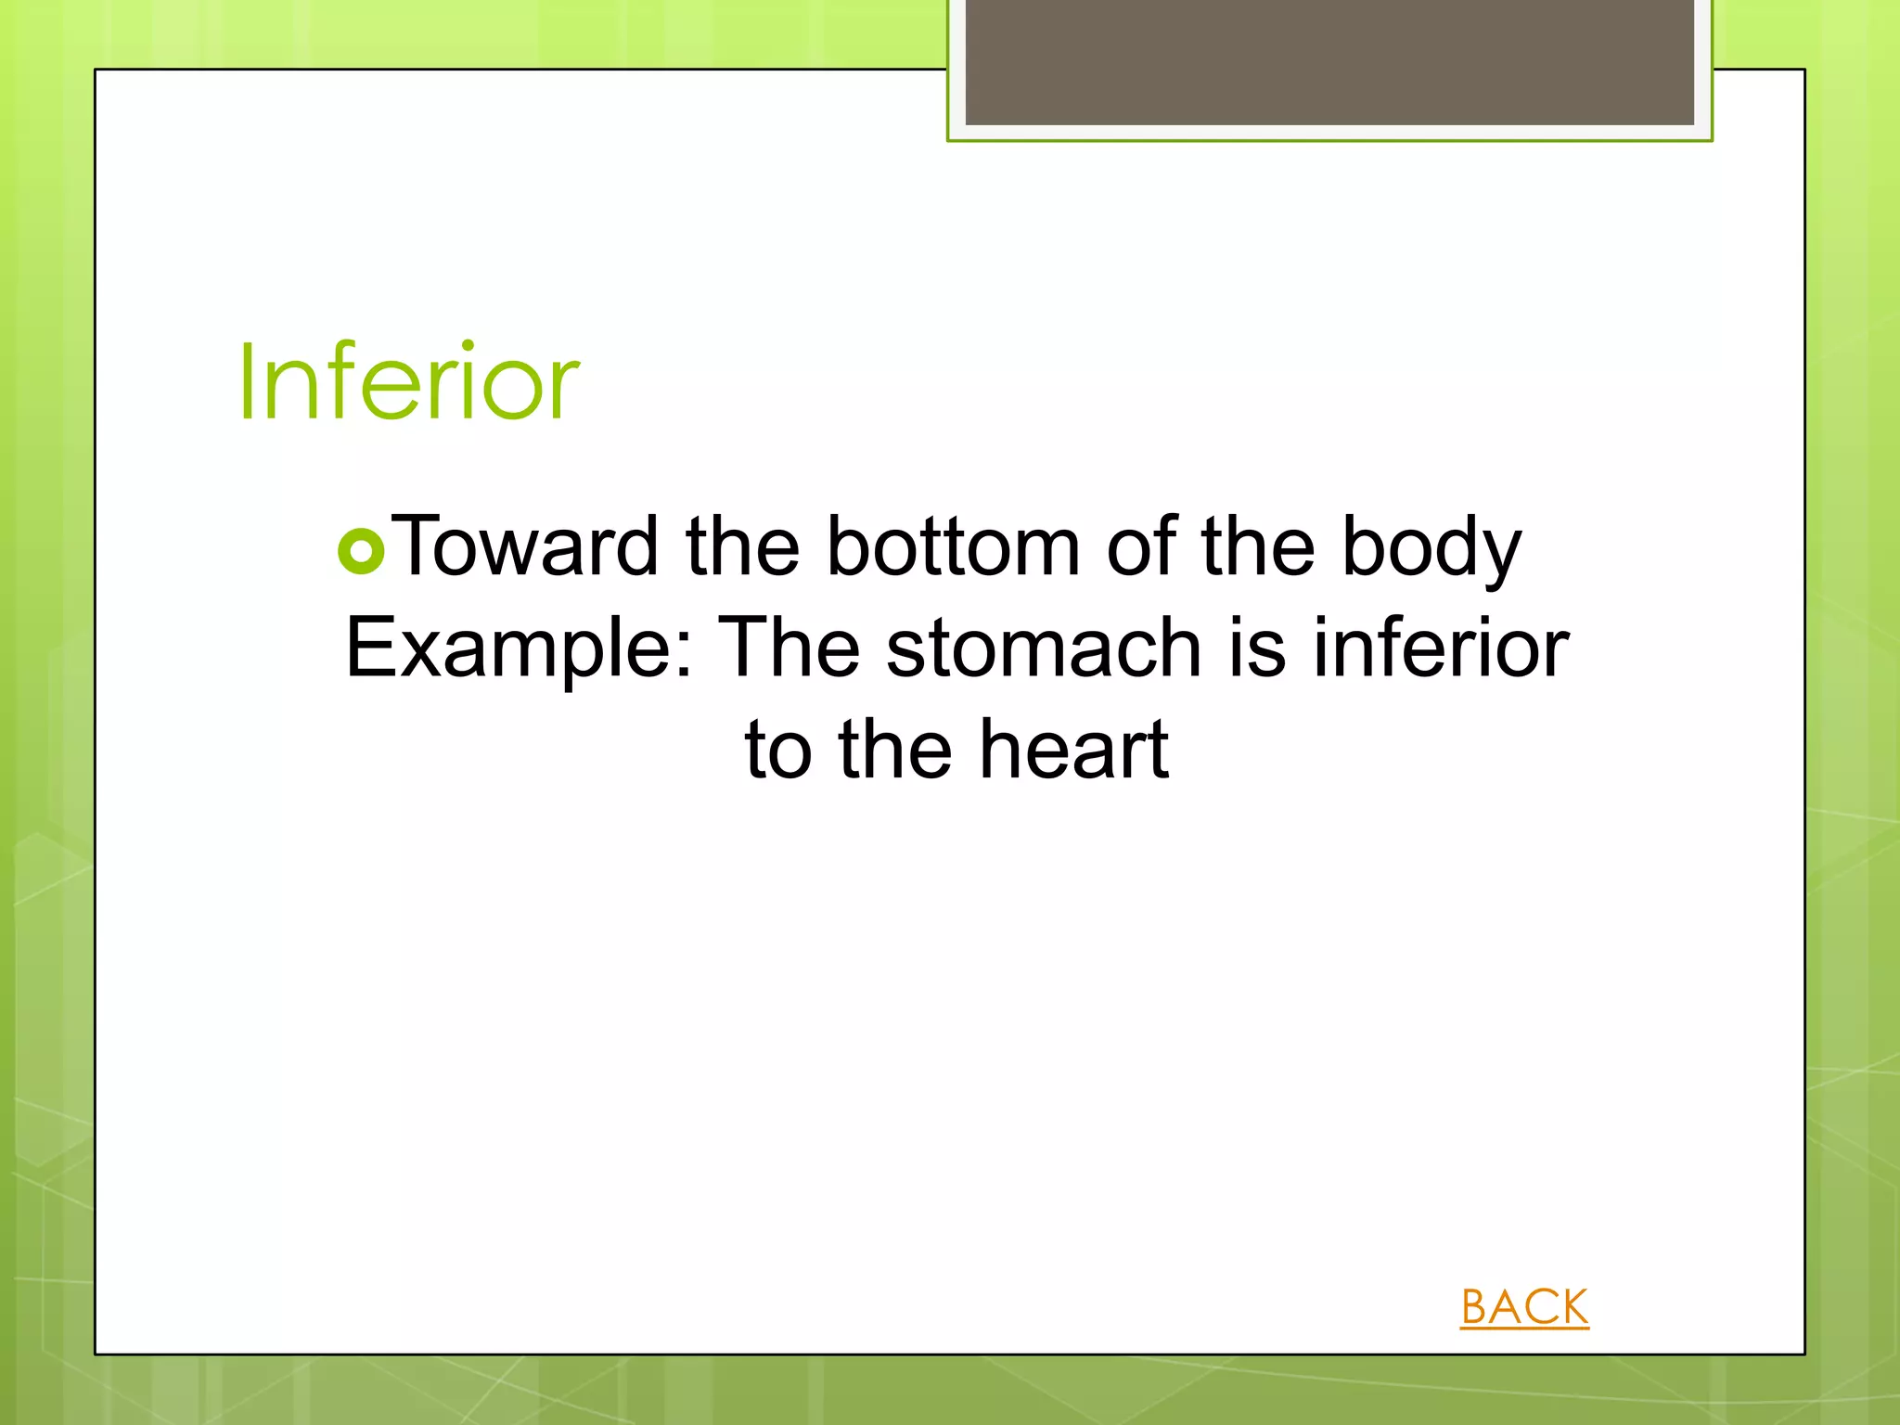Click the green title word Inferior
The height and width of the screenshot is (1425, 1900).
(408, 382)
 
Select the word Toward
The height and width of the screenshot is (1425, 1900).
(525, 547)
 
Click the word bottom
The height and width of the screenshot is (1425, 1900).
(953, 547)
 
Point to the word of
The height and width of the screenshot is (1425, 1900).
(1141, 547)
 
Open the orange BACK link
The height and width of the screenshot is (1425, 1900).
(1523, 1307)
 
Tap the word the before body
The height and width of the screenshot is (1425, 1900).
(1258, 547)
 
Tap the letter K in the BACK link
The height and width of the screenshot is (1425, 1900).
(1571, 1307)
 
